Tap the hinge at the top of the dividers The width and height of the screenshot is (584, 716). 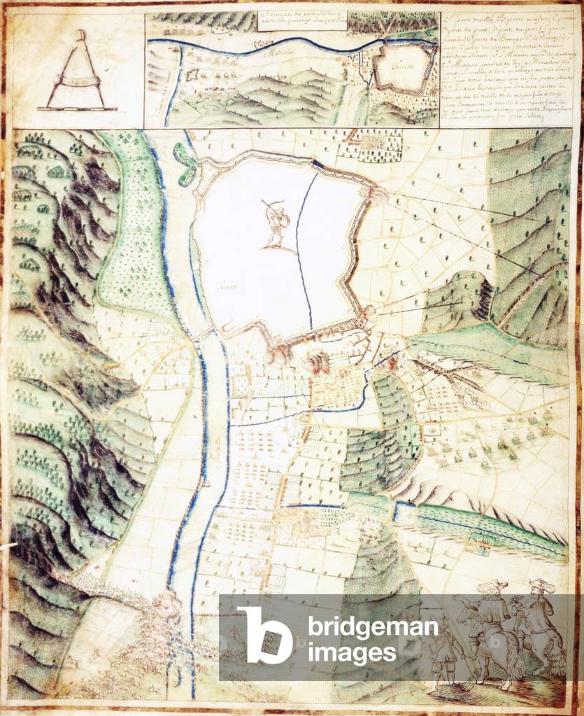click(x=80, y=35)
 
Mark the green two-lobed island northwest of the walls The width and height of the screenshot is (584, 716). click(x=185, y=162)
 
